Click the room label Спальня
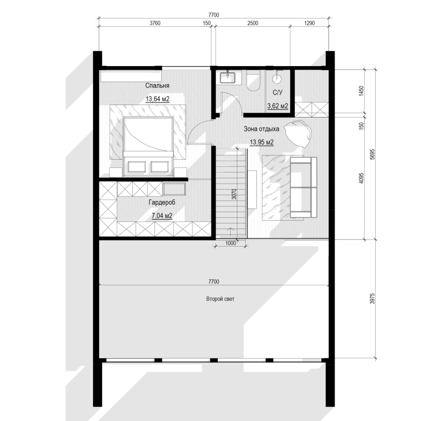tap(157, 86)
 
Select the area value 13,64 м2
tap(158, 99)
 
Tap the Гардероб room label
tap(162, 202)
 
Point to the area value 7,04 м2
tap(162, 216)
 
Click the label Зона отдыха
tap(261, 129)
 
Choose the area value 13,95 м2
tap(262, 142)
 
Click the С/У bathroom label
tap(278, 93)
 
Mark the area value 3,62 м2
tap(278, 106)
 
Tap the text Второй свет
tap(220, 299)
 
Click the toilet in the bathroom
tap(254, 80)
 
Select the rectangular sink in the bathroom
tap(228, 77)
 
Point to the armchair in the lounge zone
tap(298, 133)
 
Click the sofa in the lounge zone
tap(303, 187)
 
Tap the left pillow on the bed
tap(137, 167)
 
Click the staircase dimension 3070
tap(234, 194)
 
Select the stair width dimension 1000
tap(230, 243)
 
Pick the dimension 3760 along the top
tap(155, 23)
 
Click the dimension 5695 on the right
tap(372, 155)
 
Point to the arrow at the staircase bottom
tap(230, 233)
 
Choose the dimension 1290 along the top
tap(310, 23)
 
